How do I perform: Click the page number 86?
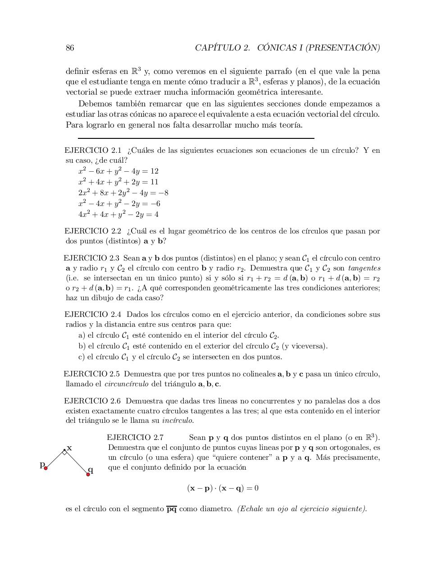click(70, 48)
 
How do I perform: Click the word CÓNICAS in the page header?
click(277, 48)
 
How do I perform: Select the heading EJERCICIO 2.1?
click(93, 150)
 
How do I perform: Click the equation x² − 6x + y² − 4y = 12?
click(118, 171)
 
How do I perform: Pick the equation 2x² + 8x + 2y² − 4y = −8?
click(123, 193)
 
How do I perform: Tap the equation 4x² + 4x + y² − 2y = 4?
click(118, 215)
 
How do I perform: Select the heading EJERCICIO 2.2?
click(93, 231)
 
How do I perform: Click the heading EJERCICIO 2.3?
click(91, 258)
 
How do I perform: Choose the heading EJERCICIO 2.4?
click(93, 315)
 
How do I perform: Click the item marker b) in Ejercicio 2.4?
click(82, 346)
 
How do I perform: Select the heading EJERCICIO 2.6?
click(93, 401)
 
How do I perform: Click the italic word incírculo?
click(177, 421)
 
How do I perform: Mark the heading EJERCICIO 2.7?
click(135, 437)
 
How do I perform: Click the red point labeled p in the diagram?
click(46, 468)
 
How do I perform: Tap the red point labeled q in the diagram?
click(88, 474)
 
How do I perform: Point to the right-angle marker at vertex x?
click(65, 453)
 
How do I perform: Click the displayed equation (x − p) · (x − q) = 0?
click(223, 488)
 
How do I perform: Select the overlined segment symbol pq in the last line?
click(171, 509)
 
